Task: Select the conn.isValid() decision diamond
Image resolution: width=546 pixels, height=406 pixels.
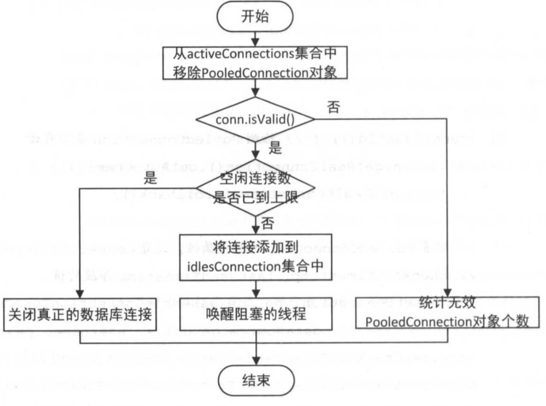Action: click(x=255, y=118)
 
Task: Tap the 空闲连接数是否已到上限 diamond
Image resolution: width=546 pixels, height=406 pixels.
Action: click(x=255, y=188)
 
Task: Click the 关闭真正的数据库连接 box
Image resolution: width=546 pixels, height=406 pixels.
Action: click(x=80, y=315)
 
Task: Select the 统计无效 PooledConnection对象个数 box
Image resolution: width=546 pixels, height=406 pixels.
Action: click(x=446, y=314)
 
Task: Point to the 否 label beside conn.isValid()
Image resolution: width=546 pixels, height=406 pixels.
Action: click(x=334, y=108)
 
